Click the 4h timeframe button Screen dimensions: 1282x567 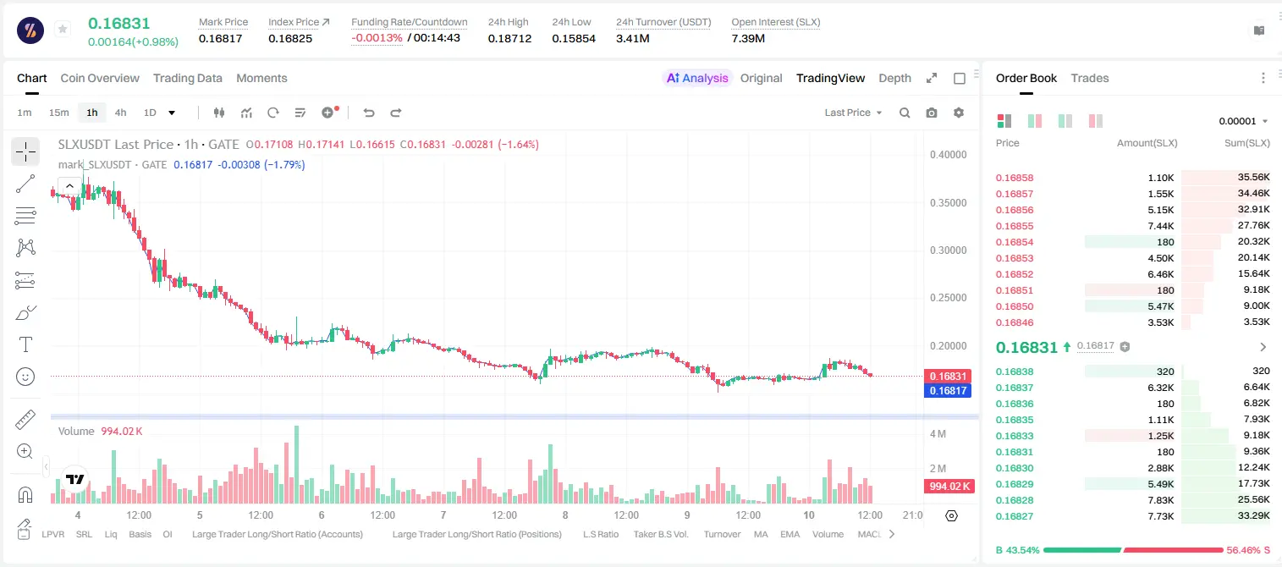pos(120,113)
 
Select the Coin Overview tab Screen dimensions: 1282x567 pos(100,78)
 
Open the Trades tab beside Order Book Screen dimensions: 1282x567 pos(1090,78)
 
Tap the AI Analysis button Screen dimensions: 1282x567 pos(697,78)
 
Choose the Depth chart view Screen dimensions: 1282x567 pos(894,78)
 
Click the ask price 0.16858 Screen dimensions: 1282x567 pos(1014,178)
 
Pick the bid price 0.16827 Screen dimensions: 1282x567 pos(1014,516)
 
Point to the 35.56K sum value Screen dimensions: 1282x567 pos(1253,178)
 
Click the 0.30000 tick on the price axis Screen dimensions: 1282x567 pos(948,250)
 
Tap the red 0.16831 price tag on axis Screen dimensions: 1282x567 pos(948,376)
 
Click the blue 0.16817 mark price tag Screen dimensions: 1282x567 pos(948,391)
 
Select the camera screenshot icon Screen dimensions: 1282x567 pos(932,113)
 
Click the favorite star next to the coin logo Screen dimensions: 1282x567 pos(63,29)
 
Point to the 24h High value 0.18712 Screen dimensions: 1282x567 pos(509,38)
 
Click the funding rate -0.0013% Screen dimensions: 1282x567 pos(377,38)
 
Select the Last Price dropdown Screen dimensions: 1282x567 pos(853,113)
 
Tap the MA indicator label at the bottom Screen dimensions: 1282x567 pos(761,534)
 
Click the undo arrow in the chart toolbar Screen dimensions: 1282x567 pos(369,113)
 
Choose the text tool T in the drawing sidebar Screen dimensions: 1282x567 pos(25,344)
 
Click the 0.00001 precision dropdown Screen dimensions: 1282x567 pos(1243,121)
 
